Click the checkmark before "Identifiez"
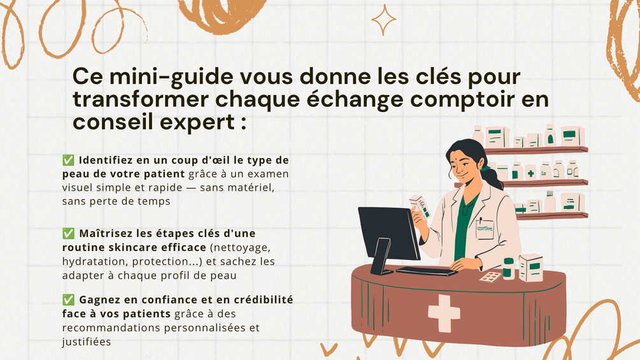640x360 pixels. (x=68, y=160)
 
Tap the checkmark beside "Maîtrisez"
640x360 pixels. (x=68, y=233)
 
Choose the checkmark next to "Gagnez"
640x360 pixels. (x=68, y=299)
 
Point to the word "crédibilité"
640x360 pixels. (x=263, y=299)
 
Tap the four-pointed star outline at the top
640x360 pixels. (x=383, y=20)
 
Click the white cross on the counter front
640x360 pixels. (x=444, y=313)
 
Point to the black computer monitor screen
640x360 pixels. (x=388, y=233)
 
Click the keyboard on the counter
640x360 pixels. (x=427, y=271)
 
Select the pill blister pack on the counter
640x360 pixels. (x=490, y=277)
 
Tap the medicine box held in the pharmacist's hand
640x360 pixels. (x=420, y=207)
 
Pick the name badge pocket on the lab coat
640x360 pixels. (x=485, y=229)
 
